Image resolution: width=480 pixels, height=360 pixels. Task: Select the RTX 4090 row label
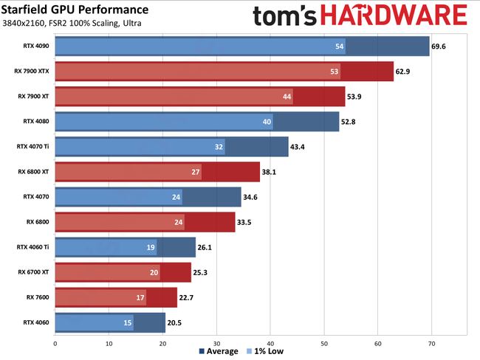click(35, 46)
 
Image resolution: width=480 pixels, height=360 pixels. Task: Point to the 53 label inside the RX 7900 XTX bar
click(335, 72)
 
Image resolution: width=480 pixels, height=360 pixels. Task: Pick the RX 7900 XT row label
click(33, 96)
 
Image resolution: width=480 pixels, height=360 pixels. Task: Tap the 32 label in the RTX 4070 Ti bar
click(219, 147)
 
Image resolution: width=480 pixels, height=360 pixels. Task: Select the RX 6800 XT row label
click(33, 172)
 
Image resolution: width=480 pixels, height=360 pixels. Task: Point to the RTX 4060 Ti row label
click(32, 247)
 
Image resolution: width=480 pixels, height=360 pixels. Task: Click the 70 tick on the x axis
click(431, 343)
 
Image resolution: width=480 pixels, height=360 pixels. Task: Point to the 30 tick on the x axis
click(216, 343)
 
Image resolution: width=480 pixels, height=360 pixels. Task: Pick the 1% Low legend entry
click(264, 351)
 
